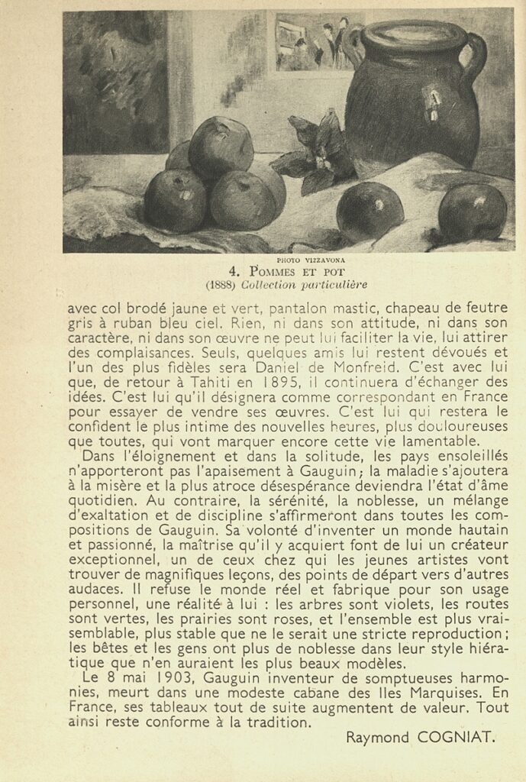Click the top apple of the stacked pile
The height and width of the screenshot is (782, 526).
221,147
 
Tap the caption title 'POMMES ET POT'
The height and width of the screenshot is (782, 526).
297,272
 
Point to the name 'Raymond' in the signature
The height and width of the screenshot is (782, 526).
377,737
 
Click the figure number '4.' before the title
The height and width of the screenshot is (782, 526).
235,272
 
